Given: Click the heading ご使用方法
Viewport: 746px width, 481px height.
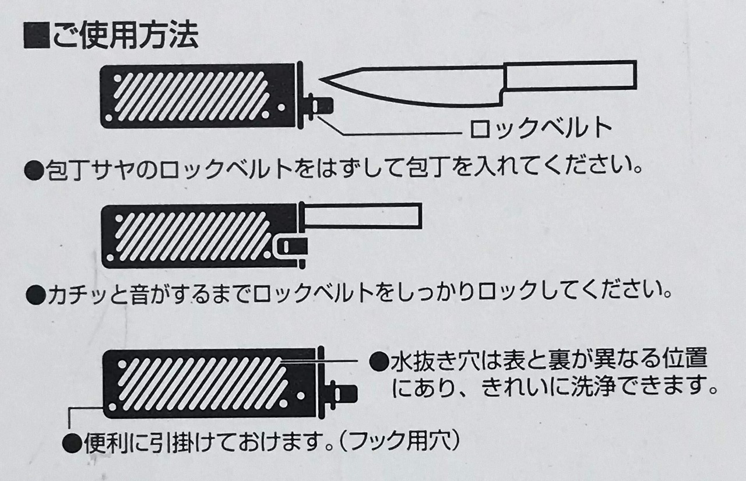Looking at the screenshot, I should [x=125, y=36].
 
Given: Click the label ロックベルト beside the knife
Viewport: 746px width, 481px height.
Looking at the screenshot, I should [x=541, y=128].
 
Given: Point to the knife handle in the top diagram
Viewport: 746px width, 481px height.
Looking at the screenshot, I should [x=569, y=76].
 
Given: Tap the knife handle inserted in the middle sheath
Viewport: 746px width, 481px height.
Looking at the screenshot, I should [x=362, y=216].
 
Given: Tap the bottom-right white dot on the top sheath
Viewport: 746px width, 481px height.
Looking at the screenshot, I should [x=281, y=108].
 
